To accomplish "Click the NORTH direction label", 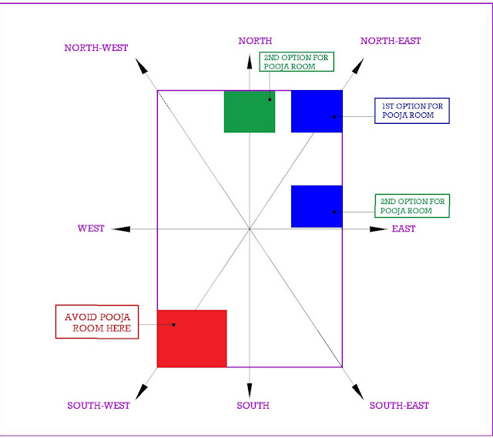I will [254, 41].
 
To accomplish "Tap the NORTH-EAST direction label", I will [391, 41].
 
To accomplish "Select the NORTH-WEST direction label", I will [96, 48].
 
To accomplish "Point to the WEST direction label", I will [91, 229].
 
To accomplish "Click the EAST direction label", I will [404, 229].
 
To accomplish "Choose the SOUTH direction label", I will [253, 405].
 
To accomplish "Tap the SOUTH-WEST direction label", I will [99, 405].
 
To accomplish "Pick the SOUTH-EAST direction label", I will [399, 405].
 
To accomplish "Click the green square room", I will [250, 112].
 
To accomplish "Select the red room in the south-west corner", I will [192, 339].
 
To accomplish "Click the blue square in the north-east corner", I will [317, 112].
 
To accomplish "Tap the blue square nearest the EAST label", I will [317, 206].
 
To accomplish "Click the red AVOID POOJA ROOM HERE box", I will [98, 322].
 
